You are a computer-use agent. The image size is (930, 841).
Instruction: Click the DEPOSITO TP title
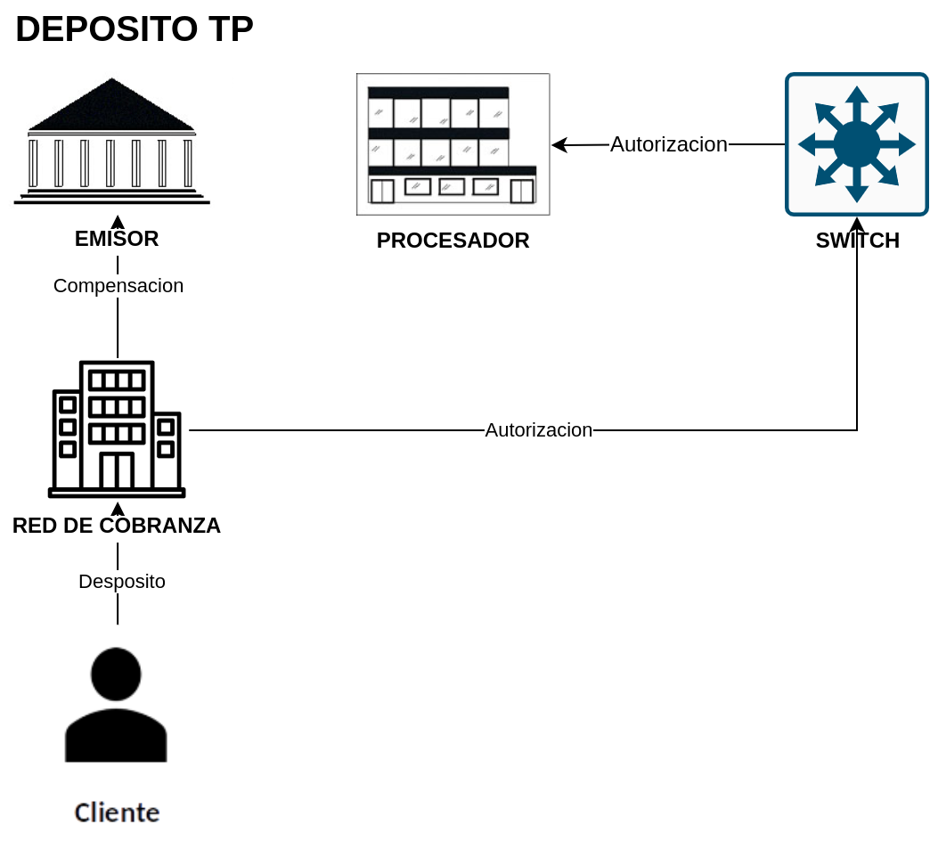(135, 29)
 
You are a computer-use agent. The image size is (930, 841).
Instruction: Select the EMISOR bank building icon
(112, 141)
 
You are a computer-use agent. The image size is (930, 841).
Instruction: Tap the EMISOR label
(117, 239)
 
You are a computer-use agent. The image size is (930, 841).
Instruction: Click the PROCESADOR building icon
(453, 144)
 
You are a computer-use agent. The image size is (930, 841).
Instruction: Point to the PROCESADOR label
(453, 241)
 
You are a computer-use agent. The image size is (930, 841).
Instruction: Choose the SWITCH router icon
(857, 144)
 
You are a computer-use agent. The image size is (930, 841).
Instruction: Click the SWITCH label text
(858, 241)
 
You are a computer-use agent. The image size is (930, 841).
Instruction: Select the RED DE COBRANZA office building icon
(117, 429)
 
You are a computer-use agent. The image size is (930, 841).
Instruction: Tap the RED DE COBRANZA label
(117, 526)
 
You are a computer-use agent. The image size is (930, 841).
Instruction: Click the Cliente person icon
(116, 705)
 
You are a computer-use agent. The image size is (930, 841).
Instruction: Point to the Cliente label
(117, 812)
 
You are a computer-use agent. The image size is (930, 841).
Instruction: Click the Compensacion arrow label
(118, 285)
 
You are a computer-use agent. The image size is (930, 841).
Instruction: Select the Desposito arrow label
(122, 581)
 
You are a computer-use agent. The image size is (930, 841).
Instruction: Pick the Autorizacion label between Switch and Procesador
(669, 144)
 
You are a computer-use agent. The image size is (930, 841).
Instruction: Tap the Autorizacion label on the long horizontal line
(539, 430)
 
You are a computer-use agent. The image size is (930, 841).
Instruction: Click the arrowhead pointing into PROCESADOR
(559, 144)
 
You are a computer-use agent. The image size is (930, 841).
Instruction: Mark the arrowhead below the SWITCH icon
(857, 225)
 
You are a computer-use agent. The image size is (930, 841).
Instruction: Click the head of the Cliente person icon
(116, 674)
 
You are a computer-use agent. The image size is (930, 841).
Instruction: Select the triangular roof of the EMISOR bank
(111, 105)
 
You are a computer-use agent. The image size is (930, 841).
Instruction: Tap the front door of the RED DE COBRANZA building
(117, 470)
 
